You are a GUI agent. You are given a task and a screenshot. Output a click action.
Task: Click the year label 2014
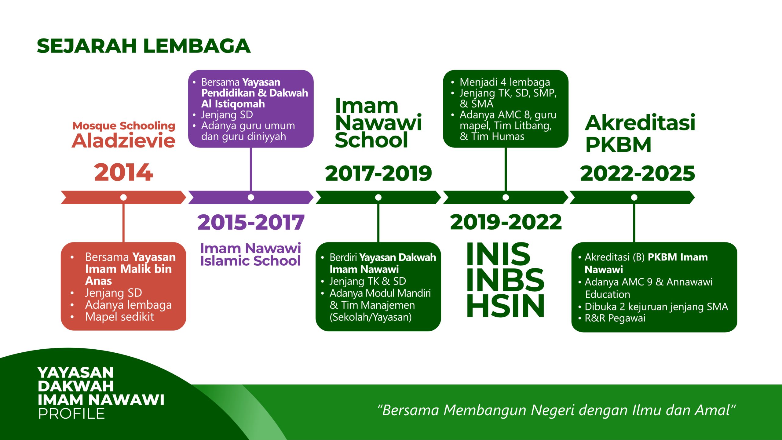[x=123, y=173]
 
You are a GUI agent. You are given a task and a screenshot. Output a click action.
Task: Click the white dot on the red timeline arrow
[x=123, y=198]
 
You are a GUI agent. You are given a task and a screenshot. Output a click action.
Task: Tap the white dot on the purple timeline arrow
[x=251, y=198]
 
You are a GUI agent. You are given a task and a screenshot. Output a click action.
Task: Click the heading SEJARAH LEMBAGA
[x=144, y=46]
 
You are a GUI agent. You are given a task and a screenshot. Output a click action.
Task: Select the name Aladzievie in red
[x=123, y=141]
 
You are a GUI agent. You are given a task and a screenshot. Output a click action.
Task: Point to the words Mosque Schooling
[x=124, y=126]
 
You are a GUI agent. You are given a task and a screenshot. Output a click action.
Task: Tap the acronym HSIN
[x=505, y=306]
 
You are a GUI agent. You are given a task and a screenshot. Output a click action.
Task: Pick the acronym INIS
[x=498, y=254]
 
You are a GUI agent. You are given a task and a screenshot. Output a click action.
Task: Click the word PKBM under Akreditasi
[x=618, y=144]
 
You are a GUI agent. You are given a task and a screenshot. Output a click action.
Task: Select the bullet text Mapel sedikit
[x=120, y=317]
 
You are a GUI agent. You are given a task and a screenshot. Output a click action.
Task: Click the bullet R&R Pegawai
[x=615, y=318]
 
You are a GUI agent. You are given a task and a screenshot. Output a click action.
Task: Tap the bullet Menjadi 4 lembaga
[x=505, y=82]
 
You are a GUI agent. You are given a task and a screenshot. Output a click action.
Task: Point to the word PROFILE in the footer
[x=71, y=414]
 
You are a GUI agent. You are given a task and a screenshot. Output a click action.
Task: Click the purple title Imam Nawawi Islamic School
[x=250, y=255]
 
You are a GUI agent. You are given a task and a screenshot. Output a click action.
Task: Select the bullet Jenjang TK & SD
[x=368, y=281]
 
